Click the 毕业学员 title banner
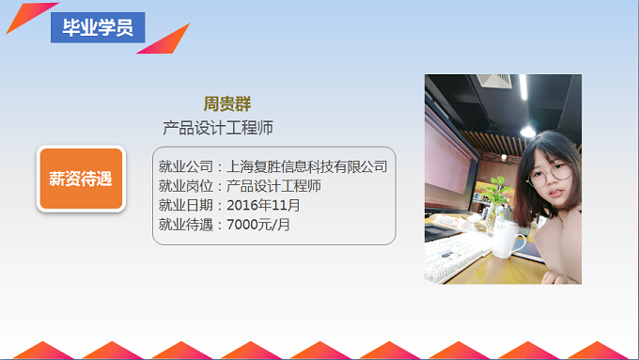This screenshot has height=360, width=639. (x=98, y=27)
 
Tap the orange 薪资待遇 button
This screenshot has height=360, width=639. (x=81, y=179)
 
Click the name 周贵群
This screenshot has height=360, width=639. (x=227, y=103)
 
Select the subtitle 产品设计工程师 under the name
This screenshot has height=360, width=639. (x=218, y=127)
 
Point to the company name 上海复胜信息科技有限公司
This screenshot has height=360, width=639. (x=307, y=167)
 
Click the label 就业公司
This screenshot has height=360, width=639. (x=186, y=167)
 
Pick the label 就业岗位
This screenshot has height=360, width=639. (x=186, y=186)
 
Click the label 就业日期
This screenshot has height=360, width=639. (x=186, y=205)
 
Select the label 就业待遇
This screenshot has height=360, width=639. (x=186, y=224)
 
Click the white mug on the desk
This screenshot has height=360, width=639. (x=507, y=242)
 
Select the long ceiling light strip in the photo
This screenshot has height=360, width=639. (x=522, y=99)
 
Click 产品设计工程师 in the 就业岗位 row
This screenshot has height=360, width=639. (x=274, y=186)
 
